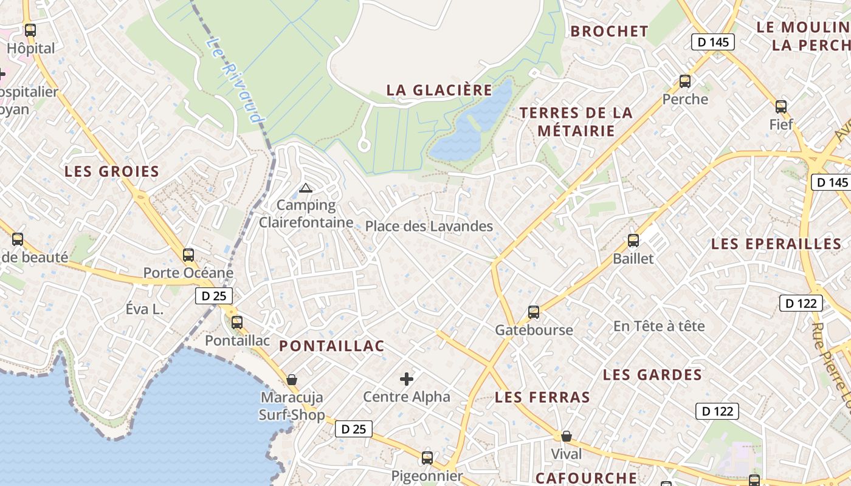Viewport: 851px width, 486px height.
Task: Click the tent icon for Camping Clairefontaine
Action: [306, 188]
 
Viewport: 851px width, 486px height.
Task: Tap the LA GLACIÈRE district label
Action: [439, 90]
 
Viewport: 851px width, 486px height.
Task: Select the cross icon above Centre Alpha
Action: [407, 380]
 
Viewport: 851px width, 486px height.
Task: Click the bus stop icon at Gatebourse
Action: [534, 312]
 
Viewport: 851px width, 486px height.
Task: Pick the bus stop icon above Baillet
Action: [633, 241]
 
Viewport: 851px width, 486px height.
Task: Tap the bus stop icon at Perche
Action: [685, 81]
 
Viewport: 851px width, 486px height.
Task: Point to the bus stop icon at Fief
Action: [781, 107]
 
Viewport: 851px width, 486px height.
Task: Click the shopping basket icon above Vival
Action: [566, 436]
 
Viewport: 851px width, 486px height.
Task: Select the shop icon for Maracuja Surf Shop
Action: [292, 380]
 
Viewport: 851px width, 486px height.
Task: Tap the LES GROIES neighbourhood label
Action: [112, 172]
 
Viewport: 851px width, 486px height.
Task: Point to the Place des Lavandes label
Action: [429, 227]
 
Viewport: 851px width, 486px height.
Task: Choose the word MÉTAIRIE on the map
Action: [576, 131]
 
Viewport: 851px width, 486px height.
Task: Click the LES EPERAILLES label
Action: [776, 244]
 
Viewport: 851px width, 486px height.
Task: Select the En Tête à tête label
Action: [659, 326]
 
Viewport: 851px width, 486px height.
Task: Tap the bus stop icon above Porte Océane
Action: [188, 255]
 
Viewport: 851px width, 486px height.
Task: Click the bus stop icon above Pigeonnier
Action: [427, 458]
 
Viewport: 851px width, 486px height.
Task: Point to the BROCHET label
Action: [610, 32]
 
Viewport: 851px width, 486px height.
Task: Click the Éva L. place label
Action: [145, 309]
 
